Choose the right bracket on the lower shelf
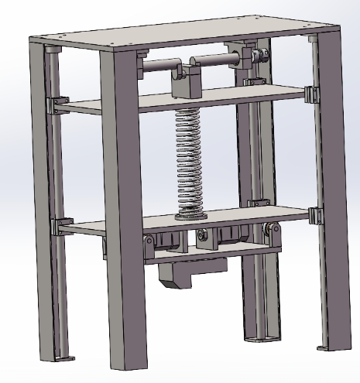pos(314,214)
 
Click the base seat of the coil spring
pos(190,214)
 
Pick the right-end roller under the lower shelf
pos(271,230)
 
